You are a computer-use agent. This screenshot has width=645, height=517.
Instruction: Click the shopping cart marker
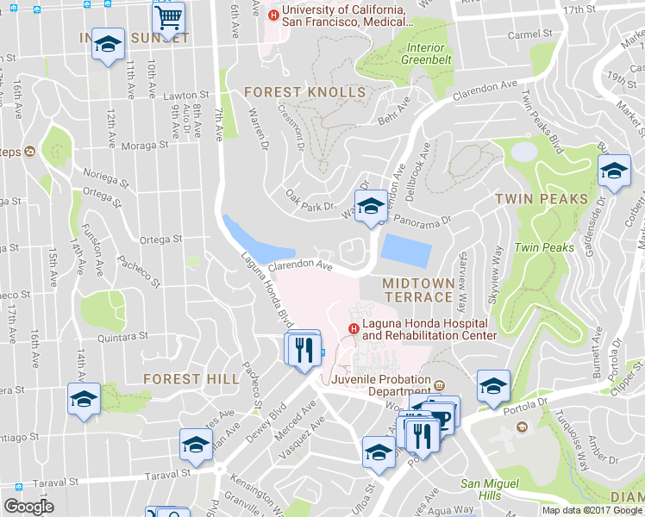click(169, 16)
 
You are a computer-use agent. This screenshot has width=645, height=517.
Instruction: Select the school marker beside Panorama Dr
click(372, 209)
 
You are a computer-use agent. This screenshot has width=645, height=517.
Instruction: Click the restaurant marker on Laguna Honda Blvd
click(303, 351)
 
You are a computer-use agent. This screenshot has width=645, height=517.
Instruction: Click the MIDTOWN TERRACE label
click(417, 290)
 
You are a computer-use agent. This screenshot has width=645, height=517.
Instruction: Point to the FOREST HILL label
click(185, 379)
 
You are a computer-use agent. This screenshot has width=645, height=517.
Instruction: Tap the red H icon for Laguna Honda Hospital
click(353, 328)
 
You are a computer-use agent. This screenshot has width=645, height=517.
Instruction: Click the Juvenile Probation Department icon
click(438, 385)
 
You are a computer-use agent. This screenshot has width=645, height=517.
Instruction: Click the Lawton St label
click(186, 96)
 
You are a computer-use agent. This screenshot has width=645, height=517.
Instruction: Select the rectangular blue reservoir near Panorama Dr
click(405, 251)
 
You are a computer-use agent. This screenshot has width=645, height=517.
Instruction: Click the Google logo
click(28, 507)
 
